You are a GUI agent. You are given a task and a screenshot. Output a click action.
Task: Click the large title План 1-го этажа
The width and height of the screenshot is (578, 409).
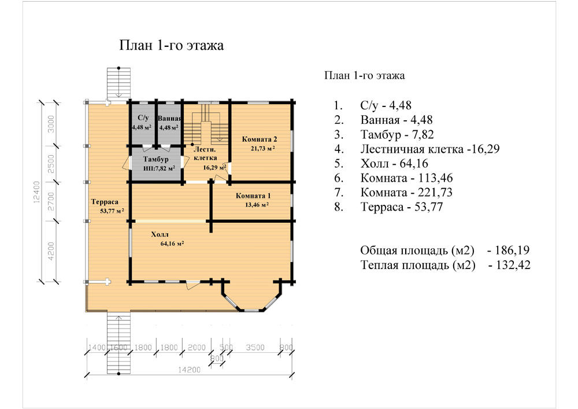tap(172, 45)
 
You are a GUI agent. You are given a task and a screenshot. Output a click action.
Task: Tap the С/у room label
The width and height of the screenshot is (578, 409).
tap(143, 117)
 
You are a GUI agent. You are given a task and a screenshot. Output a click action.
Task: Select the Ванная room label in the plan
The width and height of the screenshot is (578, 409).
tap(169, 119)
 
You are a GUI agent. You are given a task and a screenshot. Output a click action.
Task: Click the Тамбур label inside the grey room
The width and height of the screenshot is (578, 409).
tap(156, 159)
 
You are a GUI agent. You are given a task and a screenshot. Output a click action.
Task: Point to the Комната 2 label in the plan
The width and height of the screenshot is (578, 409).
tap(260, 139)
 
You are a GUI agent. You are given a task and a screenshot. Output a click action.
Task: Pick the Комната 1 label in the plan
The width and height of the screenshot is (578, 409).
tap(253, 196)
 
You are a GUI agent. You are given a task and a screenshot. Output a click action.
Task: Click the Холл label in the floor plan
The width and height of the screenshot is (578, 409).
tap(160, 234)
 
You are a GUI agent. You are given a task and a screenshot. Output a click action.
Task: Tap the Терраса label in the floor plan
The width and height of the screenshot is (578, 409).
tap(105, 202)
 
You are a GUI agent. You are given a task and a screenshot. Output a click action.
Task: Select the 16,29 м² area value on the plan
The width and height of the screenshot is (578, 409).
tap(214, 167)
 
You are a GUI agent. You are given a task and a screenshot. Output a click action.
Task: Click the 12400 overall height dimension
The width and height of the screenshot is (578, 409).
tap(36, 192)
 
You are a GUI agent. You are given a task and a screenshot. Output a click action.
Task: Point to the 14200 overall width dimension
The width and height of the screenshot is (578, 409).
tap(190, 370)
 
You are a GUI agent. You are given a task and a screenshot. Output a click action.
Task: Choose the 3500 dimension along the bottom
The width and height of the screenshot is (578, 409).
tap(255, 348)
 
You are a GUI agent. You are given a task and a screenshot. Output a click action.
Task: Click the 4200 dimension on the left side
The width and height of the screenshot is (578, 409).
tap(51, 251)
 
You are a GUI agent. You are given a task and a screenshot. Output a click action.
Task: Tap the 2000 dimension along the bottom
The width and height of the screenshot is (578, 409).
tap(197, 348)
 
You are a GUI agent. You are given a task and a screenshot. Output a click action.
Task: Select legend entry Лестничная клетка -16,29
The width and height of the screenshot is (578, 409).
tap(430, 149)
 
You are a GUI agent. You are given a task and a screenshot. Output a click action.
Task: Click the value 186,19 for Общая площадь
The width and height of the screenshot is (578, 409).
tap(512, 250)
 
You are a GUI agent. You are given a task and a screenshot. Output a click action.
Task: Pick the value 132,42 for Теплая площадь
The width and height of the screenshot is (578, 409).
tap(513, 265)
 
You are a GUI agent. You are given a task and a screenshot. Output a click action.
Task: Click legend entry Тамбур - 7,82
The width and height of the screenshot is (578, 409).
tap(397, 135)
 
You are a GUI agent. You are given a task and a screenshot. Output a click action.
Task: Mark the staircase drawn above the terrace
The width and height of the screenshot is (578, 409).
tap(118, 83)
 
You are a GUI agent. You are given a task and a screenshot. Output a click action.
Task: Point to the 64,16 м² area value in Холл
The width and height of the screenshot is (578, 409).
tap(172, 244)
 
